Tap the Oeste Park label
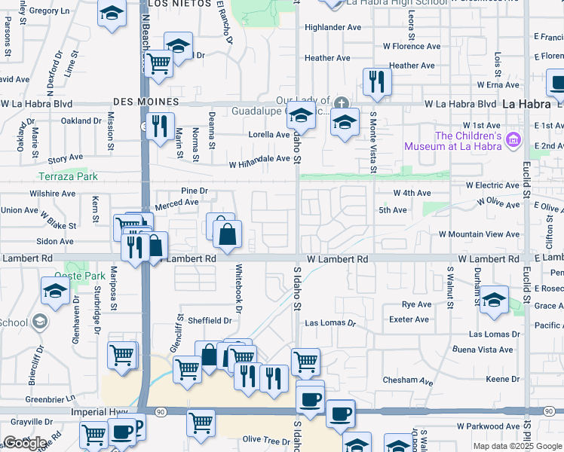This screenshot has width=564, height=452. click(85, 276)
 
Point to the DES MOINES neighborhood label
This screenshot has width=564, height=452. click(146, 101)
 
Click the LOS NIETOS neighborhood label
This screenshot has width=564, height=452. click(176, 4)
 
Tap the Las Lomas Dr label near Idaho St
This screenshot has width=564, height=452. click(330, 322)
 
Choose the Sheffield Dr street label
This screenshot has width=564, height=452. click(209, 320)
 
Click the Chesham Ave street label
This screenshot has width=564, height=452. click(408, 381)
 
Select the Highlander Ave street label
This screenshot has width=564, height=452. click(333, 27)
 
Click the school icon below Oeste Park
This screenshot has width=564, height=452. click(56, 292)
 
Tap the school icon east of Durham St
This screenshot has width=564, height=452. click(493, 300)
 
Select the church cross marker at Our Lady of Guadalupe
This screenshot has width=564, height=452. click(341, 102)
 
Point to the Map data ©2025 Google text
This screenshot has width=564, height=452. click(516, 446)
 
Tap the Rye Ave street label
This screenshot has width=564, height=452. click(416, 304)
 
